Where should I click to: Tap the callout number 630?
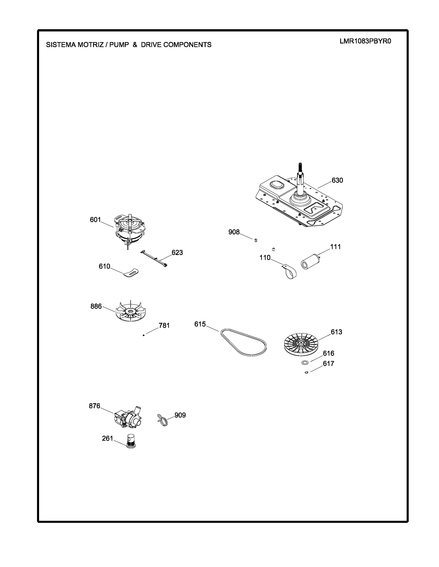(x=337, y=180)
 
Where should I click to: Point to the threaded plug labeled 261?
(x=131, y=441)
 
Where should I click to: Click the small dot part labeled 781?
(x=144, y=335)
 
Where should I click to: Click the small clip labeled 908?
(x=256, y=240)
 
